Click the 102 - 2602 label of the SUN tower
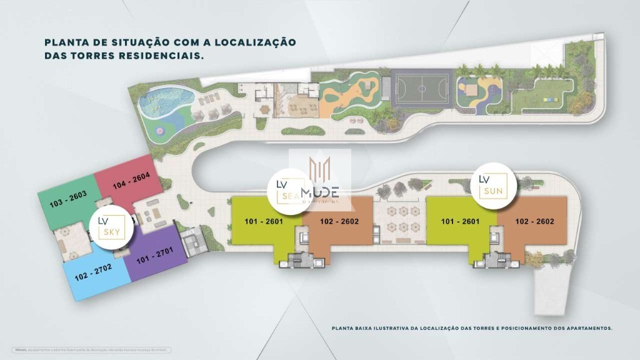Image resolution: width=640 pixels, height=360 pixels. pyautogui.click(x=535, y=221)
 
